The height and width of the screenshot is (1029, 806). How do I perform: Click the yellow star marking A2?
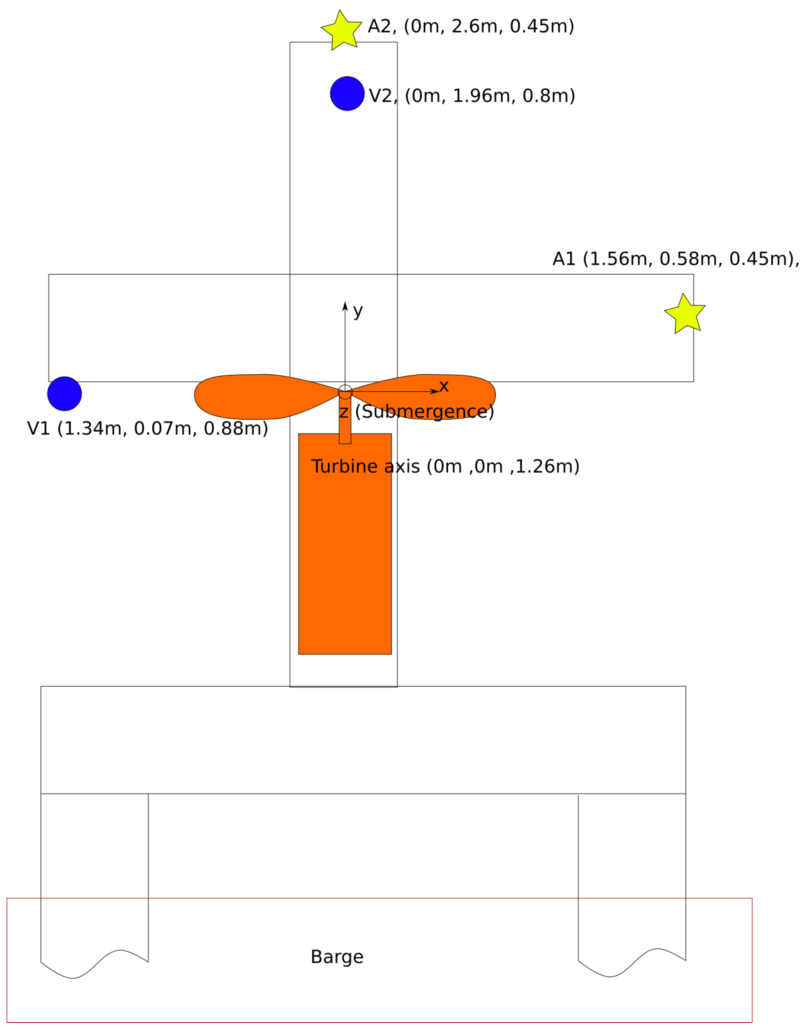click(x=342, y=30)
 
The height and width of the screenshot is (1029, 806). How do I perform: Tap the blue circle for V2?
click(x=347, y=93)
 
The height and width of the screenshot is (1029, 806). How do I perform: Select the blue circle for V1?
click(x=65, y=394)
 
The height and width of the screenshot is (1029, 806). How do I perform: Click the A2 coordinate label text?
click(x=471, y=27)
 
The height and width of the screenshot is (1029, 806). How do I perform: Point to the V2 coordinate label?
click(x=472, y=96)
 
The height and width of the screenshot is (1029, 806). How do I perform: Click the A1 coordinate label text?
click(x=676, y=259)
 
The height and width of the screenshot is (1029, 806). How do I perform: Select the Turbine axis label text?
click(x=445, y=466)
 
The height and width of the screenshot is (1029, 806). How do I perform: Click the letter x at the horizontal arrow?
click(x=444, y=386)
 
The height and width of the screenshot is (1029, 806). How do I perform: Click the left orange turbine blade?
click(x=250, y=397)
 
